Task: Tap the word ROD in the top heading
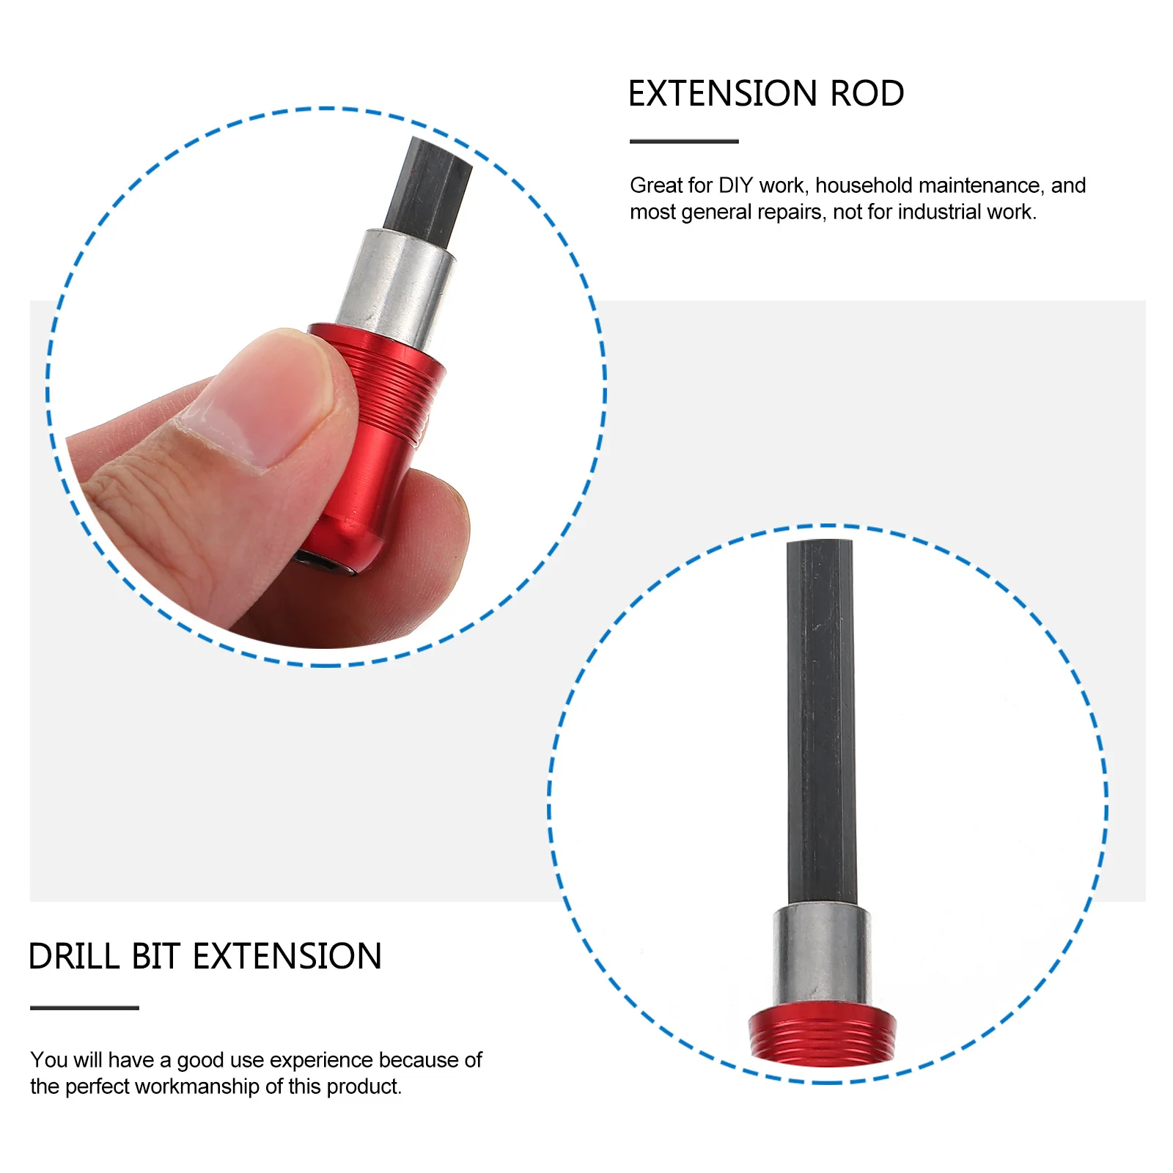click(x=867, y=94)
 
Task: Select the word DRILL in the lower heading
click(x=74, y=957)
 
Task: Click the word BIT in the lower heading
click(x=155, y=957)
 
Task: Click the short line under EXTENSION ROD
click(x=684, y=141)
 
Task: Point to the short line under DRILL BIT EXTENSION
click(x=84, y=1008)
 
